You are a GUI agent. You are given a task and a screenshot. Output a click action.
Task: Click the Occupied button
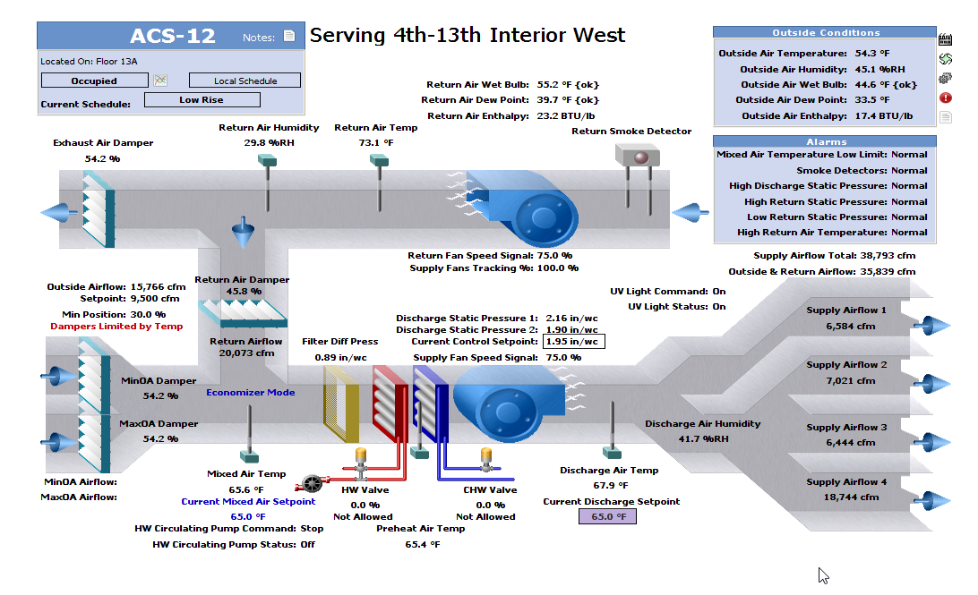pyautogui.click(x=94, y=81)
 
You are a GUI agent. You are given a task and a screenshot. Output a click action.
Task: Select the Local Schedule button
pyautogui.click(x=244, y=81)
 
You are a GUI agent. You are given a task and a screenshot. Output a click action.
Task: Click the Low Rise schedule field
pyautogui.click(x=202, y=100)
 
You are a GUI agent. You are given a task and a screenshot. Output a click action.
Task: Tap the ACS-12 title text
pyautogui.click(x=173, y=36)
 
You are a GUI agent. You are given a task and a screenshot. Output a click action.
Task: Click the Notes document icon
pyautogui.click(x=288, y=37)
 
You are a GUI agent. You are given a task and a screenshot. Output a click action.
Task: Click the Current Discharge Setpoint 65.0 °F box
pyautogui.click(x=607, y=516)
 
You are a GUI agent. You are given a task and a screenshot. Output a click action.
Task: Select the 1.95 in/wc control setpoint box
pyautogui.click(x=575, y=342)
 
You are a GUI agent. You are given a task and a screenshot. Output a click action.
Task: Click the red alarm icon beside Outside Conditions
pyautogui.click(x=945, y=98)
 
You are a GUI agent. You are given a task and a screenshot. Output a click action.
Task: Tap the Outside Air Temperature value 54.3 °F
pyautogui.click(x=872, y=54)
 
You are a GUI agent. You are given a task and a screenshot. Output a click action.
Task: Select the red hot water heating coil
pyautogui.click(x=390, y=404)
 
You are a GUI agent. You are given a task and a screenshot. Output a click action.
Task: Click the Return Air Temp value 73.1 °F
pyautogui.click(x=376, y=143)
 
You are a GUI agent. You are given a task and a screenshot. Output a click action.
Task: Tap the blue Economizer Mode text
pyautogui.click(x=251, y=392)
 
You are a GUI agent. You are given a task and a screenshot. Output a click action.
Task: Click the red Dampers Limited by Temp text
pyautogui.click(x=116, y=327)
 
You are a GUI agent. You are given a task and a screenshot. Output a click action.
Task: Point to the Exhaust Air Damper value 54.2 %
pyautogui.click(x=102, y=158)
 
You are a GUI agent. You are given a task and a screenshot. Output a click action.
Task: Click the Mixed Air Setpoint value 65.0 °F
pyautogui.click(x=248, y=516)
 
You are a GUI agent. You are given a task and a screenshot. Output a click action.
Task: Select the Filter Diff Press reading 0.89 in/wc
pyautogui.click(x=340, y=358)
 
